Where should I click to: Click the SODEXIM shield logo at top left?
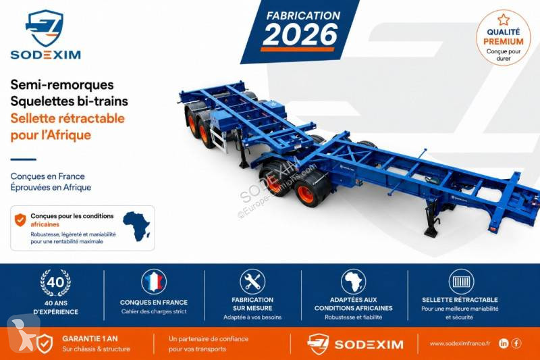(x=45, y=28)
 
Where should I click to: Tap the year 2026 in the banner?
(x=300, y=34)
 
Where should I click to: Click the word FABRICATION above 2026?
(x=303, y=16)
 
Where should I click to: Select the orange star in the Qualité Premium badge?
(x=504, y=20)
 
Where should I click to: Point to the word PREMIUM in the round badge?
(x=504, y=42)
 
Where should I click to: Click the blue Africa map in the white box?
(x=137, y=226)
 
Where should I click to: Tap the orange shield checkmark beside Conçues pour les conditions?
(x=20, y=220)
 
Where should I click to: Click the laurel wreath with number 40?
(x=55, y=283)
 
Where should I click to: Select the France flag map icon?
(x=154, y=282)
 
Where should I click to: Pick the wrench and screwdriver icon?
(x=252, y=282)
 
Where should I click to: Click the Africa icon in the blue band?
(x=353, y=282)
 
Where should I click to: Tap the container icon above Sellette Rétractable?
(x=461, y=282)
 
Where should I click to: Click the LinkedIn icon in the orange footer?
(x=504, y=343)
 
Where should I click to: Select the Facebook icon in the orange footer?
(x=516, y=343)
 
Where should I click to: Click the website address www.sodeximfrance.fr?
(x=460, y=344)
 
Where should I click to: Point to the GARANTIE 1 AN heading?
(x=90, y=338)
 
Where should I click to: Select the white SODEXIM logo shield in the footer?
(x=318, y=344)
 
